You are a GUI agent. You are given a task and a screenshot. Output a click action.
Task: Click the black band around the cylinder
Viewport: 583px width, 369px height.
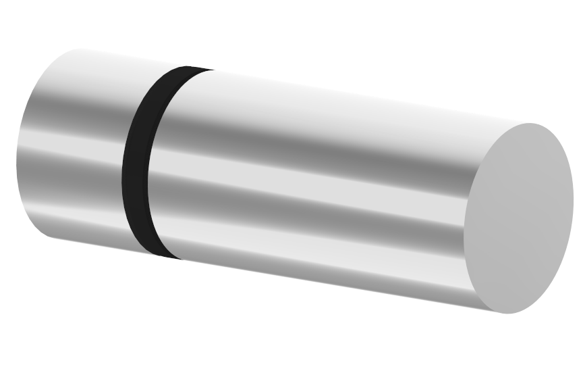(x=138, y=162)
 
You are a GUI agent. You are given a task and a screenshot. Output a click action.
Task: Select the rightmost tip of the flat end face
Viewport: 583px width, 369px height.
(x=573, y=203)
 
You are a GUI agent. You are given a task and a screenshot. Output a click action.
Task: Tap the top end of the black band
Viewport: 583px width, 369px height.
(x=189, y=69)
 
